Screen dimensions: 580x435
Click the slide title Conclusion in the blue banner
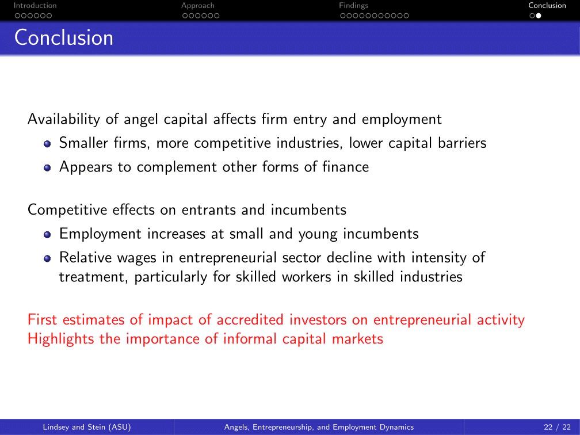[64, 38]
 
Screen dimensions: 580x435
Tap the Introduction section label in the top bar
[35, 6]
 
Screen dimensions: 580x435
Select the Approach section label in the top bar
[198, 6]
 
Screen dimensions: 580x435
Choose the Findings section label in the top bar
[354, 6]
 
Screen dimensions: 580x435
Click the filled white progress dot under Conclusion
[539, 16]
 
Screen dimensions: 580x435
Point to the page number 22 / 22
[558, 427]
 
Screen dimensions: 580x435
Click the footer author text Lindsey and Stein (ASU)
[87, 427]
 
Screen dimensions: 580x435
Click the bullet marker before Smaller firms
[47, 143]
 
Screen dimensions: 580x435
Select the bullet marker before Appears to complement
[47, 167]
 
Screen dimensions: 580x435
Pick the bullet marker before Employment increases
[47, 235]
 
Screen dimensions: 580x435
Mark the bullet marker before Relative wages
[47, 258]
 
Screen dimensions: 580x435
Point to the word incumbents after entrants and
[308, 209]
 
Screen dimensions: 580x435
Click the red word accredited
[250, 319]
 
